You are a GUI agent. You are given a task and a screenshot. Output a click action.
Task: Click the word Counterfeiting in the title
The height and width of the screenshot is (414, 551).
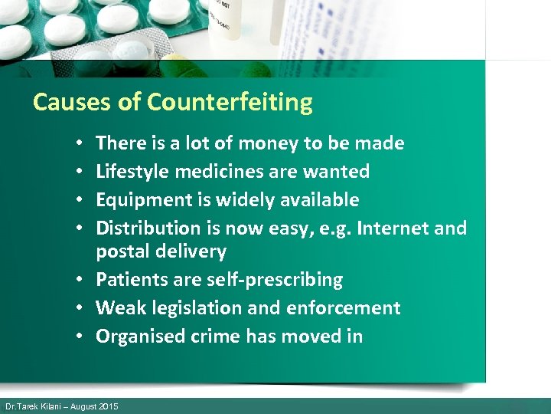pos(230,102)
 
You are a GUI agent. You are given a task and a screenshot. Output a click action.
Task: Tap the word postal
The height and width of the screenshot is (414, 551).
pos(119,251)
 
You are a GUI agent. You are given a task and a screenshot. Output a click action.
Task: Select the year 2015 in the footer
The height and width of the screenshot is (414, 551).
pos(108,406)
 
